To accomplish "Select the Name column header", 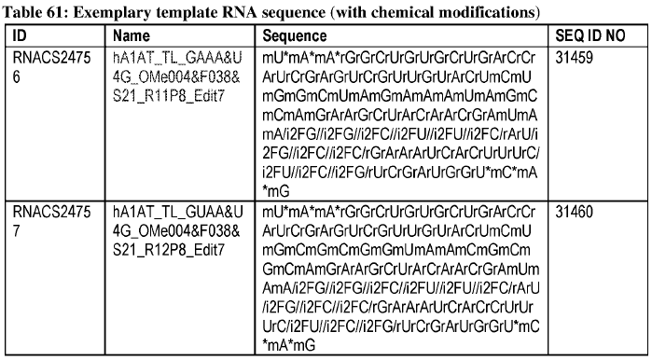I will (x=131, y=35).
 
